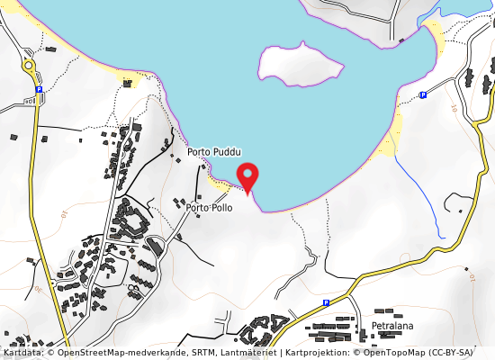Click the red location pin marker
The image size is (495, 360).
pos(247,175)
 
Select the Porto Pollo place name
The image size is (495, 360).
pos(209,208)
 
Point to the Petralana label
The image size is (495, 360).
pos(392,325)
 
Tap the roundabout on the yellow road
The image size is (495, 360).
pos(28,66)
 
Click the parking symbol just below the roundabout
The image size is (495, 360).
pos(40,90)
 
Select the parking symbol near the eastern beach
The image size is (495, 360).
pos(422,94)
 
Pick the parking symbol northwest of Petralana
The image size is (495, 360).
pos(326,303)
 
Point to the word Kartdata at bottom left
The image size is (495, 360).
pos(17,354)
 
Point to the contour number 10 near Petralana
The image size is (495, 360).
pos(471,280)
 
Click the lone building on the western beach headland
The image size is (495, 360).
pos(128,84)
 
